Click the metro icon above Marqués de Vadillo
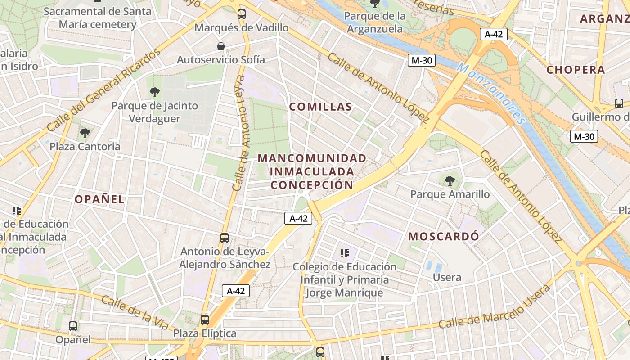coord(242,14)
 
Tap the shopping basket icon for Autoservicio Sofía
coord(221,46)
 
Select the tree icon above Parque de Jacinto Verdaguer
coord(154,92)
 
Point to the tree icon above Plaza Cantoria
coord(85,133)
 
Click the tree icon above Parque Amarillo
coord(449,181)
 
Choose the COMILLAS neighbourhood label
coord(320,107)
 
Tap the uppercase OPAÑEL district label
coord(99,199)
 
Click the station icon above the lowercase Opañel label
coord(73,326)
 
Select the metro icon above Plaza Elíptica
coord(205,320)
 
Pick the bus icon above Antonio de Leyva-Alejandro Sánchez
coord(225,238)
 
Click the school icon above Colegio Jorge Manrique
coord(345,253)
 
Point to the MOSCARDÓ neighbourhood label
coord(444,236)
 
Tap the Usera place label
coord(447,277)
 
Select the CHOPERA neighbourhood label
coord(576,70)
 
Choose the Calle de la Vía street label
coord(135,312)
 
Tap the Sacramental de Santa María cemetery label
coord(97,18)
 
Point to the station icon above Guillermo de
coord(619,103)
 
